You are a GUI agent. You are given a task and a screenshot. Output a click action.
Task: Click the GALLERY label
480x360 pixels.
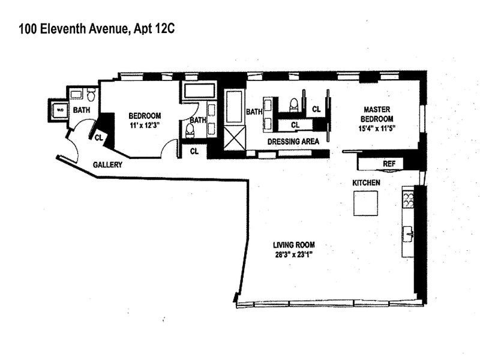pyautogui.click(x=109, y=164)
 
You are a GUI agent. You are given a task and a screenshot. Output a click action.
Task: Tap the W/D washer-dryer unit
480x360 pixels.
pyautogui.click(x=59, y=110)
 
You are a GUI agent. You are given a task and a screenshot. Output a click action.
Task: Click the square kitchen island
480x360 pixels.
pyautogui.click(x=365, y=203)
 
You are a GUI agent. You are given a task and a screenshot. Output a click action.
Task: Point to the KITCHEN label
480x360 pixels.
pyautogui.click(x=366, y=182)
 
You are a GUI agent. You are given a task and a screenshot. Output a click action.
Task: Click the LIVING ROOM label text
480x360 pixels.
pyautogui.click(x=294, y=245)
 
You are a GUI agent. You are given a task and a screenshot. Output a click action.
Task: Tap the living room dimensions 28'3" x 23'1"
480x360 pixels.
pyautogui.click(x=294, y=254)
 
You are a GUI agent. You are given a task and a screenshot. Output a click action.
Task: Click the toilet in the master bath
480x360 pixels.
pyautogui.click(x=293, y=105)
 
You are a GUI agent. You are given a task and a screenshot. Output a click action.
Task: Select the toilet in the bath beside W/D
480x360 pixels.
pyautogui.click(x=91, y=95)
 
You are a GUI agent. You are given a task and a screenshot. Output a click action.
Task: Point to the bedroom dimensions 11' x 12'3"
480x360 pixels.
pyautogui.click(x=145, y=125)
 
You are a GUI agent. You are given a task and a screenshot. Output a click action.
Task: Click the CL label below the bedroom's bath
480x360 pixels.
pyautogui.click(x=194, y=151)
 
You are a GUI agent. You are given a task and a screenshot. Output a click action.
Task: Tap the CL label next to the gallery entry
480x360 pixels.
pyautogui.click(x=98, y=137)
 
